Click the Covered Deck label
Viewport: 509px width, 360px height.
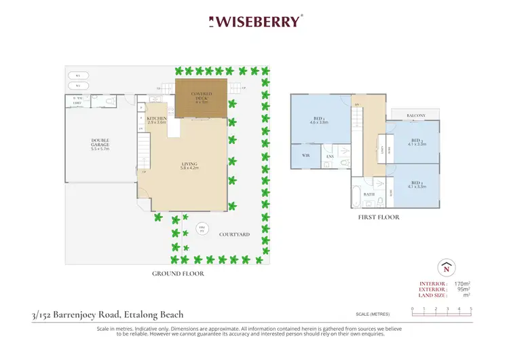point(201,99)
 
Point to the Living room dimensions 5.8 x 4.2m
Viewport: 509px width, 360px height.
point(189,168)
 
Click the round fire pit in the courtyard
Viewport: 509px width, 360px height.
point(201,228)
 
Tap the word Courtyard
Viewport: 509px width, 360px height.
point(235,234)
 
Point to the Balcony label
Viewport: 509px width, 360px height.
point(416,116)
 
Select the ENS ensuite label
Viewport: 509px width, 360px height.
point(330,158)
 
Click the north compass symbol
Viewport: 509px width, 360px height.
point(446,267)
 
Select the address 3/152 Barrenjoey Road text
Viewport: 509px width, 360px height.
point(107,314)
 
